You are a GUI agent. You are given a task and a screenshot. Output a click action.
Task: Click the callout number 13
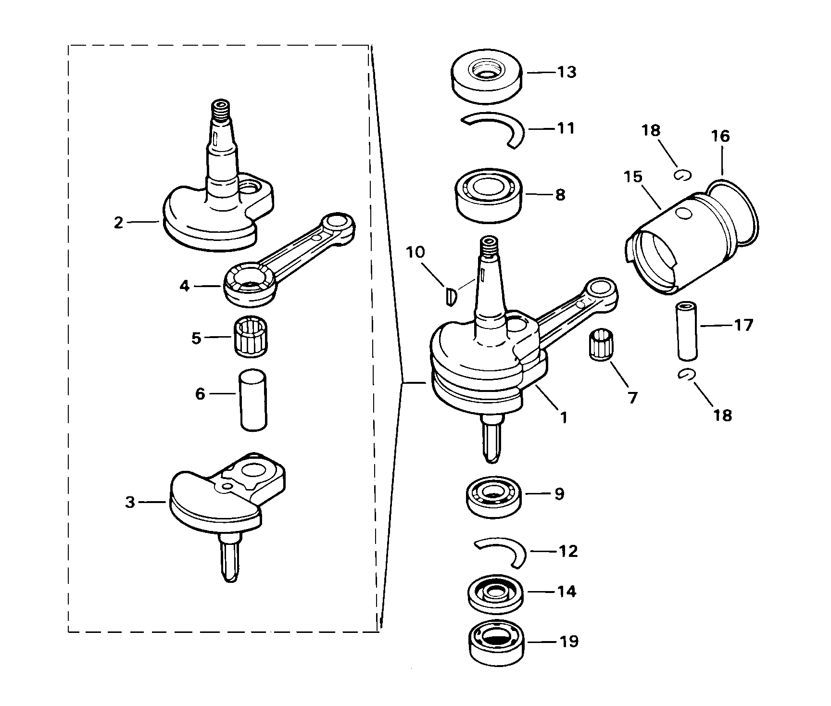(567, 72)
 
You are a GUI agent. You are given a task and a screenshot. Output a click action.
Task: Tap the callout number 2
(118, 223)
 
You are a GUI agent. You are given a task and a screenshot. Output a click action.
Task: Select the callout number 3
(130, 503)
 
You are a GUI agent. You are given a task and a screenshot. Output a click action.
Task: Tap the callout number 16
(720, 137)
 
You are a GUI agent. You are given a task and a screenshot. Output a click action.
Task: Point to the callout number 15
(633, 177)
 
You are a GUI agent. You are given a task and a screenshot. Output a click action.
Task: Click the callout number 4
(184, 286)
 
